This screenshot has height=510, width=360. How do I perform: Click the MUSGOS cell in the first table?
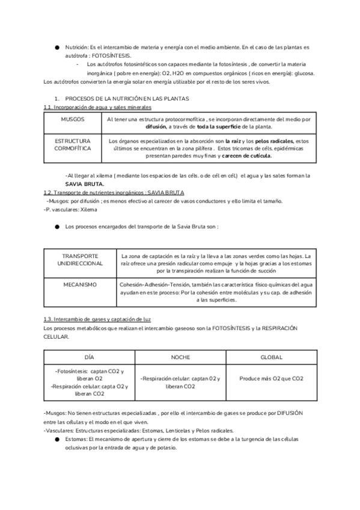point(73,120)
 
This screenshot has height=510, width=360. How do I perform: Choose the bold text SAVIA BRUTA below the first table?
point(85,183)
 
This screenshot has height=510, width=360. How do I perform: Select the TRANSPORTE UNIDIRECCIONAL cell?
point(80,259)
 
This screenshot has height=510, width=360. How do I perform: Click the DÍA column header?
point(90,357)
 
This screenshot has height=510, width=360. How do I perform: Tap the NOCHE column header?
point(180,357)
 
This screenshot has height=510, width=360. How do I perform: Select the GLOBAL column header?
point(271,357)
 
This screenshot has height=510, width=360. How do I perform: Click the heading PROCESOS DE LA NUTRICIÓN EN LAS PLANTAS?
point(127,97)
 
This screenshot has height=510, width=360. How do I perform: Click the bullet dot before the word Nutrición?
point(56,46)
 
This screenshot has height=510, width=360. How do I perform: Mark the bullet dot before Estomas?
point(56,439)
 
